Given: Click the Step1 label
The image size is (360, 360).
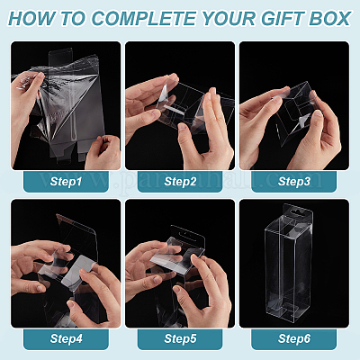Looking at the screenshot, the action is [x=66, y=182].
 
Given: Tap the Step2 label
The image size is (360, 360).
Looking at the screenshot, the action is [x=180, y=182].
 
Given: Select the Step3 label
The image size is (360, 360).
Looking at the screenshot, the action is [x=294, y=182].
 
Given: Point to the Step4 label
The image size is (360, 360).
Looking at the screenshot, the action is [x=66, y=338].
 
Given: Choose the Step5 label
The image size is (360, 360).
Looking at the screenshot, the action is [x=180, y=338].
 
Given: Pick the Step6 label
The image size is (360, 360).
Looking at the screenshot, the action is [x=294, y=338].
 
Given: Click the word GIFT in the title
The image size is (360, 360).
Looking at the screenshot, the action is [x=283, y=18].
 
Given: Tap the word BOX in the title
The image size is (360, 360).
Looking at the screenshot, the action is [x=329, y=18].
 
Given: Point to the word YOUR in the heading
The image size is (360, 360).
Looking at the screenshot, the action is [x=229, y=18].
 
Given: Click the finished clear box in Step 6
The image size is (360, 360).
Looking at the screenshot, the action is [x=289, y=263].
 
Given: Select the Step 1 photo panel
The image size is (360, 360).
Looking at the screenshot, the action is [x=66, y=105].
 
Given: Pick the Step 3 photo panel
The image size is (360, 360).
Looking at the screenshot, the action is [x=294, y=105].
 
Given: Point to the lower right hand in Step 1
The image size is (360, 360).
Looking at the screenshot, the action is [x=103, y=152].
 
